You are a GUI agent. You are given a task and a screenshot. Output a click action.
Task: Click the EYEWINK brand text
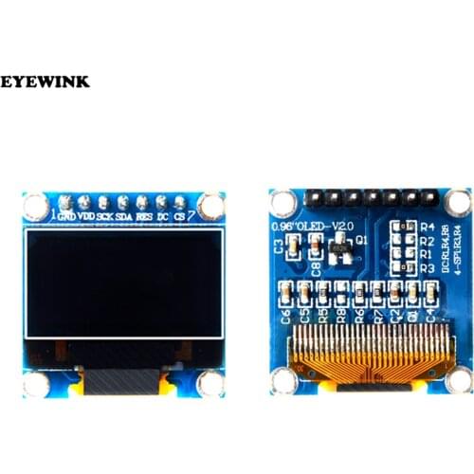(46, 82)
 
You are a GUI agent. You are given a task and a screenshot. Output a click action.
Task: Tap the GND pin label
(67, 217)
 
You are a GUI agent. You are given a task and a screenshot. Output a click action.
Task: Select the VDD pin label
(86, 217)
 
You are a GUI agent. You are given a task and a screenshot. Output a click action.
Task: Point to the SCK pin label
(105, 217)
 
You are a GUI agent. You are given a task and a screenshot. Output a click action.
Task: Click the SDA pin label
(124, 217)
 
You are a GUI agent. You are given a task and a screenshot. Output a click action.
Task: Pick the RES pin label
(144, 217)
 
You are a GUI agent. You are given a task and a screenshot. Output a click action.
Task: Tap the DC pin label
(163, 217)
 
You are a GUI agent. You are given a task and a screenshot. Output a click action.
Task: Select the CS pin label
(179, 217)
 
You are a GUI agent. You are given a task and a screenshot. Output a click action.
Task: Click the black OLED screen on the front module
(123, 283)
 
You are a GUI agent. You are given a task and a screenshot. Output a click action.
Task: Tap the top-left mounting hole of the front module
(36, 204)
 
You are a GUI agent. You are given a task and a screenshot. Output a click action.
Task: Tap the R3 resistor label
(427, 269)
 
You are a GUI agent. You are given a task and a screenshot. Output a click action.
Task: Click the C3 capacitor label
(279, 247)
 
